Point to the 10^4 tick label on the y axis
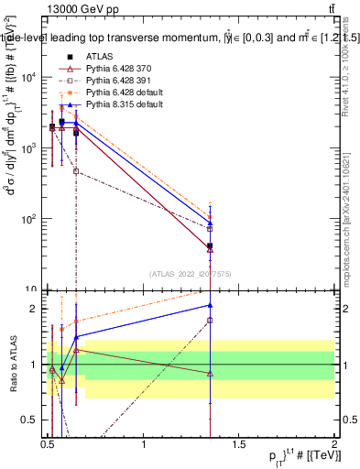pos(29,77)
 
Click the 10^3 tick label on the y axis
pos(29,147)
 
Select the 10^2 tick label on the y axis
pos(29,219)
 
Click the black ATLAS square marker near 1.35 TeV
pos(211,246)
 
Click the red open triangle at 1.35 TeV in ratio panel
pos(211,373)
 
